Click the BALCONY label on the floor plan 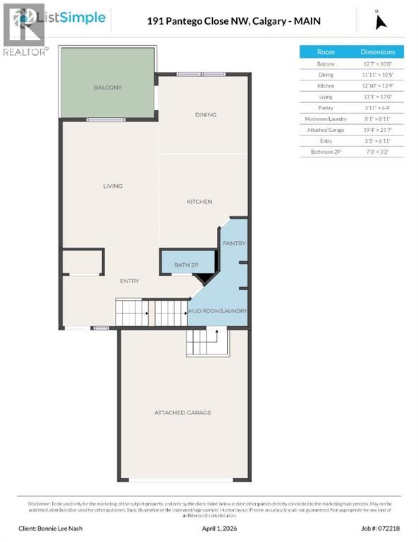[x=108, y=88]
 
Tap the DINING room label [x=205, y=114]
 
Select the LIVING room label [x=113, y=186]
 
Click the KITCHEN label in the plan [x=199, y=202]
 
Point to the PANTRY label [x=234, y=243]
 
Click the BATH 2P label [x=186, y=265]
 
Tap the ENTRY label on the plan [x=129, y=281]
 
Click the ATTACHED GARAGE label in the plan [x=183, y=413]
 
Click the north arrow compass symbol [x=381, y=21]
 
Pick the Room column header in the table [x=326, y=52]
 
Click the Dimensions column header [x=378, y=52]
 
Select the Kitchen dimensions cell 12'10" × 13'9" [x=378, y=85]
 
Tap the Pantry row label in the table [x=326, y=108]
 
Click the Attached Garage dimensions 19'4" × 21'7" [x=378, y=130]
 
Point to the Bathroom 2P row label [x=326, y=152]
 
